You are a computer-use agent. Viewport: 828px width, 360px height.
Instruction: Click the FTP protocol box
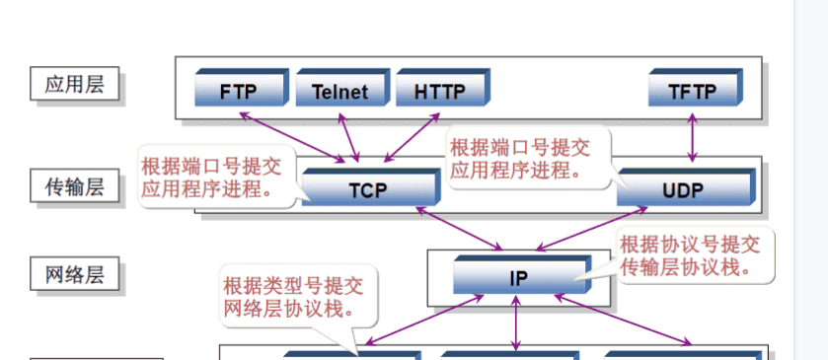[239, 91]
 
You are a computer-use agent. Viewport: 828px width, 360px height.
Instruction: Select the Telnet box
[339, 91]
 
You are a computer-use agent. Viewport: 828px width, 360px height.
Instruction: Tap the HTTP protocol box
[439, 91]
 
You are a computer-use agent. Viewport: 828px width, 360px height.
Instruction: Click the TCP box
[368, 189]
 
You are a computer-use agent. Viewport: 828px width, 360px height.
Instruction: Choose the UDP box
[683, 189]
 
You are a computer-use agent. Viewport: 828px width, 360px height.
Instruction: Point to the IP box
[519, 277]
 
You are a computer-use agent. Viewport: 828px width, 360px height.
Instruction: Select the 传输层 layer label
[74, 184]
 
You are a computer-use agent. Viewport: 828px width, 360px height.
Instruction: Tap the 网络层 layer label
[74, 273]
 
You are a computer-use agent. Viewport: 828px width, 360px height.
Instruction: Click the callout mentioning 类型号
[293, 298]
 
